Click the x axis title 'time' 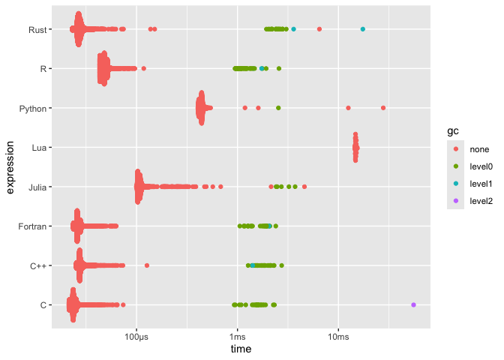pyautogui.click(x=241, y=349)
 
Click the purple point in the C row pyautogui.click(x=414, y=304)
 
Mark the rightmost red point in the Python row pyautogui.click(x=383, y=108)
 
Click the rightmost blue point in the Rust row pyautogui.click(x=363, y=29)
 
